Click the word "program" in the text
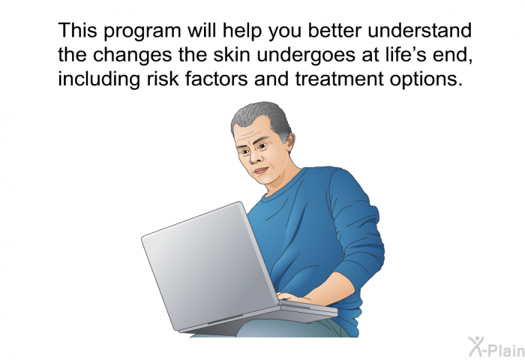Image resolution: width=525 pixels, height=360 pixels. pyautogui.click(x=142, y=31)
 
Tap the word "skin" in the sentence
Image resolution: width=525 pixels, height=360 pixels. pyautogui.click(x=232, y=55)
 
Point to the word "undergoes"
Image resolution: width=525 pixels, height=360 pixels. pyautogui.click(x=306, y=56)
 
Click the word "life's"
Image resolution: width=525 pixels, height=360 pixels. pyautogui.click(x=400, y=55)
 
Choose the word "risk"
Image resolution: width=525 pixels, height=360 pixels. pyautogui.click(x=163, y=79)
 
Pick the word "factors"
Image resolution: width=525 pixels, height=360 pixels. pyautogui.click(x=216, y=79)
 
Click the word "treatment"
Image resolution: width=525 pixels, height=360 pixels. pyautogui.click(x=339, y=79)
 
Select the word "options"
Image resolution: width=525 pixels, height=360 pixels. pyautogui.click(x=426, y=80)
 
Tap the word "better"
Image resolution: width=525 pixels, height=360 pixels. pyautogui.click(x=334, y=30)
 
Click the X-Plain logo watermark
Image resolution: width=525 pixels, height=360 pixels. pyautogui.click(x=496, y=347)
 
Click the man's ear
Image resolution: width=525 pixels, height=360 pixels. pyautogui.click(x=288, y=142)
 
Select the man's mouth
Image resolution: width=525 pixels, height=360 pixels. pyautogui.click(x=261, y=170)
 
